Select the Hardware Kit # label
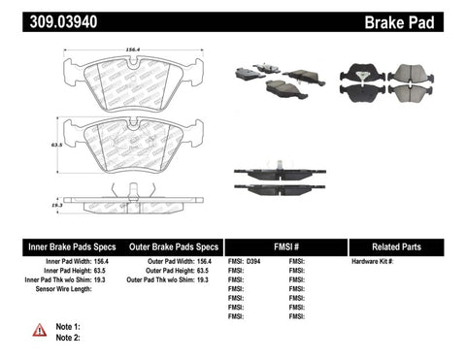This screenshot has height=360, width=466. pyautogui.click(x=377, y=263)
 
